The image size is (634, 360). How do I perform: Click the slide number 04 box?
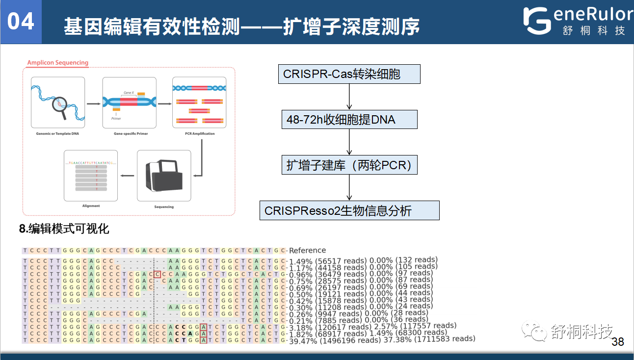pyautogui.click(x=21, y=22)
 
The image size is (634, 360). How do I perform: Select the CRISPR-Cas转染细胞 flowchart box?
pyautogui.click(x=349, y=74)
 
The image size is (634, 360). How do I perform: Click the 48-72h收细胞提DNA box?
pyautogui.click(x=349, y=120)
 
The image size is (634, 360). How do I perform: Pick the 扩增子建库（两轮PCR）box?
pyautogui.click(x=349, y=165)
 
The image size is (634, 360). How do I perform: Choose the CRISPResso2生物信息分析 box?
pyautogui.click(x=349, y=210)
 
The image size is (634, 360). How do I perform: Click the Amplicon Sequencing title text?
pyautogui.click(x=58, y=63)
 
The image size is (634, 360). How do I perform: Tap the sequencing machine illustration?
pyautogui.click(x=163, y=177)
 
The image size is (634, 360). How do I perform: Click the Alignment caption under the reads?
pyautogui.click(x=91, y=206)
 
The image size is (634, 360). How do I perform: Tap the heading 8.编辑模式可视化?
pyautogui.click(x=64, y=229)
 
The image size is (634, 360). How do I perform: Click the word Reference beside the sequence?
pyautogui.click(x=307, y=250)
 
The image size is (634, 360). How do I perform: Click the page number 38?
pyautogui.click(x=618, y=342)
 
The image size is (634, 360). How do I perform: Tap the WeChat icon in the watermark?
pyautogui.click(x=533, y=332)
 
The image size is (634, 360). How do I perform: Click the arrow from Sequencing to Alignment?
pyautogui.click(x=128, y=176)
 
